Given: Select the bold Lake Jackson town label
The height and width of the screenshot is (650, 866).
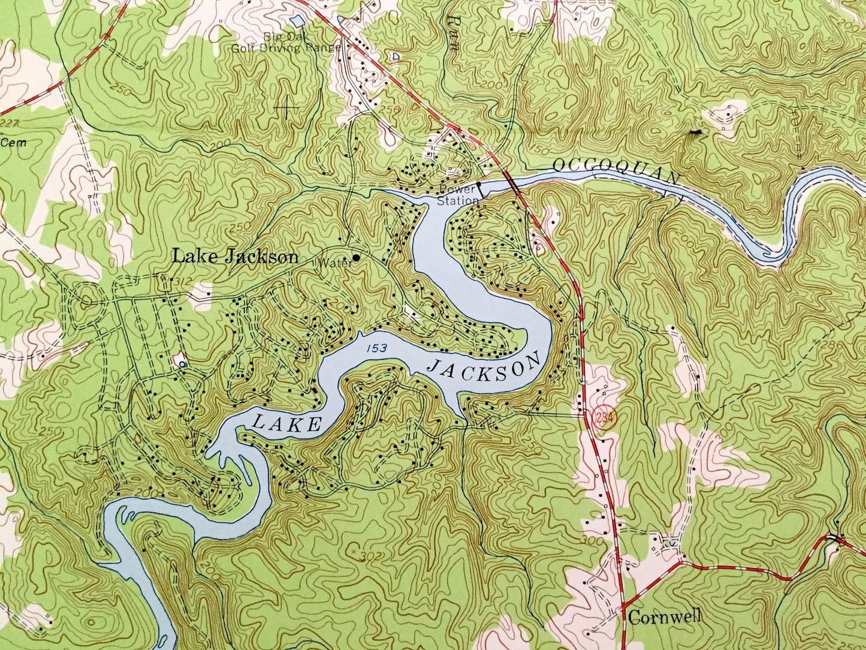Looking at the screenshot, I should [x=235, y=257].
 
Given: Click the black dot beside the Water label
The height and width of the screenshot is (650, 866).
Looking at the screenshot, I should [x=356, y=258].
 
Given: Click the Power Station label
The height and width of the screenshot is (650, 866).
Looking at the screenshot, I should [x=458, y=195].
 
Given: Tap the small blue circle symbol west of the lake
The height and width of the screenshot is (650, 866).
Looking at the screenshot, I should [x=182, y=364].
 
